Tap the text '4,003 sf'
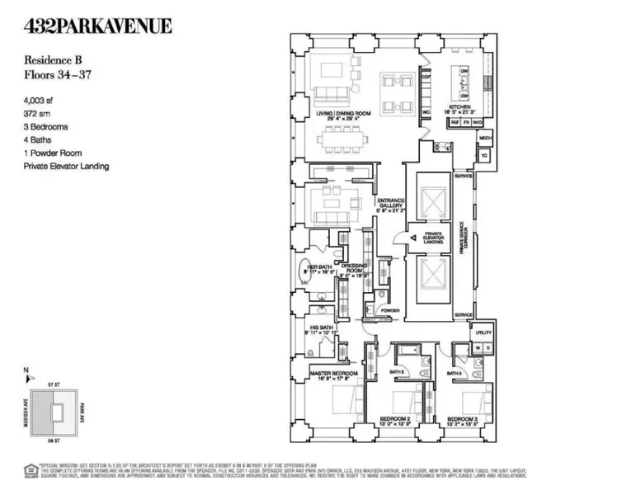(41, 103)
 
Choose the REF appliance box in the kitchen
(454, 122)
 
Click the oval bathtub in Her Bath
(304, 277)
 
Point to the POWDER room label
(389, 311)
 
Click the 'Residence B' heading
(49, 60)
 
